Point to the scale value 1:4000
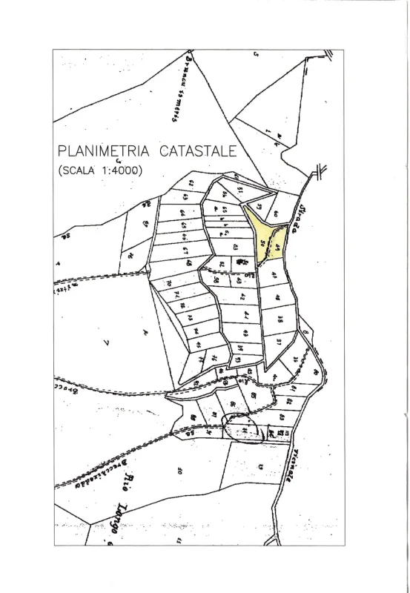pyautogui.click(x=118, y=170)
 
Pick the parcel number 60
pyautogui.click(x=275, y=213)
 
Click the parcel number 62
pyautogui.click(x=191, y=182)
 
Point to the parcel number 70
pyautogui.click(x=169, y=283)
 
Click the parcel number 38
pyautogui.click(x=281, y=320)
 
